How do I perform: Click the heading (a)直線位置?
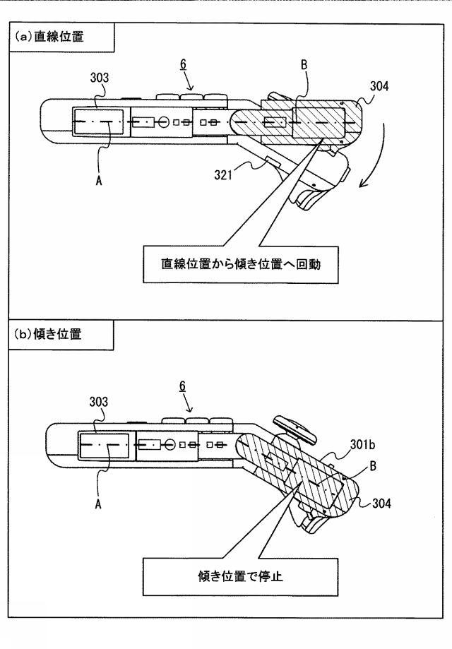[48, 37]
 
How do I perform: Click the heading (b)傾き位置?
[48, 334]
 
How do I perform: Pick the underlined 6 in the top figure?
[183, 64]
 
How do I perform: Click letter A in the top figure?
[99, 181]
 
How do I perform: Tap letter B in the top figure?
[304, 64]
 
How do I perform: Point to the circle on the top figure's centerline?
[162, 121]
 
